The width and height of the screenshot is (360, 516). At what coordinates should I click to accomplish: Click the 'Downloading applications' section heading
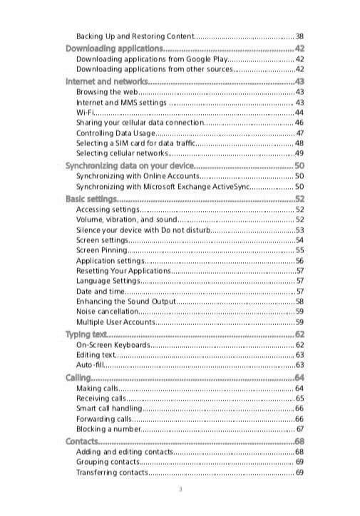[x=114, y=48]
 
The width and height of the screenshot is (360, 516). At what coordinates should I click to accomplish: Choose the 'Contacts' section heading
[x=82, y=442]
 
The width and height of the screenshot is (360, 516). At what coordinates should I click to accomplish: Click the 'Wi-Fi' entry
[x=85, y=113]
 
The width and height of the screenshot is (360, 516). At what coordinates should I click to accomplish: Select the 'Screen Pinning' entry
[x=102, y=250]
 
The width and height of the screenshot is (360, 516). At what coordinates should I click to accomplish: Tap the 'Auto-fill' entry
[x=90, y=365]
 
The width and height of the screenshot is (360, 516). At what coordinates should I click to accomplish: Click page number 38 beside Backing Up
[x=299, y=36]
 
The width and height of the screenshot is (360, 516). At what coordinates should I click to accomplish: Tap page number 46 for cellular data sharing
[x=299, y=123]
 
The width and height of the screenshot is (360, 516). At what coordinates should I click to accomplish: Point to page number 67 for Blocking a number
[x=299, y=429]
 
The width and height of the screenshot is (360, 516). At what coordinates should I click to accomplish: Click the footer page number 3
[x=180, y=489]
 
